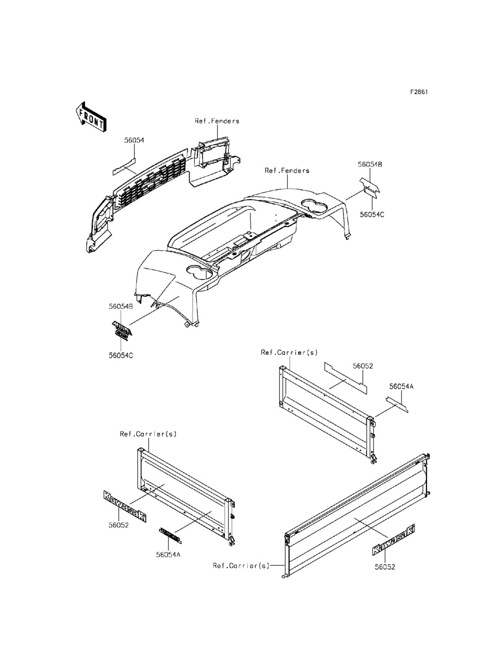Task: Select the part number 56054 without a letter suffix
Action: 134,141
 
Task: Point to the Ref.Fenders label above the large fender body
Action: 287,171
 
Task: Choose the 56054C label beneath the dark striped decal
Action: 120,355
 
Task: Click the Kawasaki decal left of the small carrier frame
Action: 124,506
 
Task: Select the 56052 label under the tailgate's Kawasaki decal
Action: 385,567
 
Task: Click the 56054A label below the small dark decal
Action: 169,554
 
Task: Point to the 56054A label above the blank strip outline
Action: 401,387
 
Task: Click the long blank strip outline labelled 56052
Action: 345,377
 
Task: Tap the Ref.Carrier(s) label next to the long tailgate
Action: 241,566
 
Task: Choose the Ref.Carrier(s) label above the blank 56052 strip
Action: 289,353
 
